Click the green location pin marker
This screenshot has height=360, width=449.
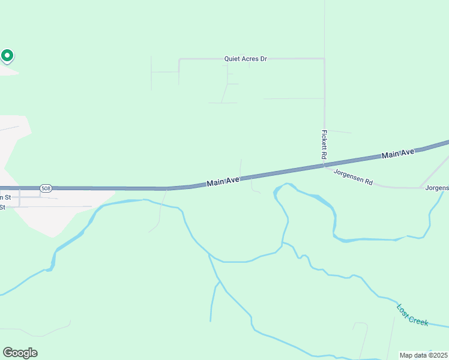click(x=7, y=56)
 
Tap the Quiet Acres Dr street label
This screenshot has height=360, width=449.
click(x=245, y=59)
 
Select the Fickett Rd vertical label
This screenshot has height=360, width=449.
click(x=324, y=145)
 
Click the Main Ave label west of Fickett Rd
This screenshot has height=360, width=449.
click(x=223, y=182)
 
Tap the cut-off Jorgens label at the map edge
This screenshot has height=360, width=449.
click(x=437, y=188)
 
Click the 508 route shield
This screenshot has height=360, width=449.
click(x=46, y=188)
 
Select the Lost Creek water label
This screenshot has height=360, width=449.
click(x=412, y=314)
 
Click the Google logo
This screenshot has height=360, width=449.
click(x=20, y=353)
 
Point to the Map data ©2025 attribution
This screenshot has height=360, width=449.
click(x=423, y=355)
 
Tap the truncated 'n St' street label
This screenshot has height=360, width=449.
click(x=5, y=197)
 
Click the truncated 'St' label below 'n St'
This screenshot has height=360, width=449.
click(x=3, y=207)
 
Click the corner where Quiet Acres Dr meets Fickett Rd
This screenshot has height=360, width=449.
click(x=324, y=59)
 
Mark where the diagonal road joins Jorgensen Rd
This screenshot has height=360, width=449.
click(x=420, y=187)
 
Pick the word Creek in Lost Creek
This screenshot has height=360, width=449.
click(x=418, y=319)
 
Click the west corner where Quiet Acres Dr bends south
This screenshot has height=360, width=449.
click(x=179, y=59)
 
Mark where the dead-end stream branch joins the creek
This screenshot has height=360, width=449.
click(x=219, y=281)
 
